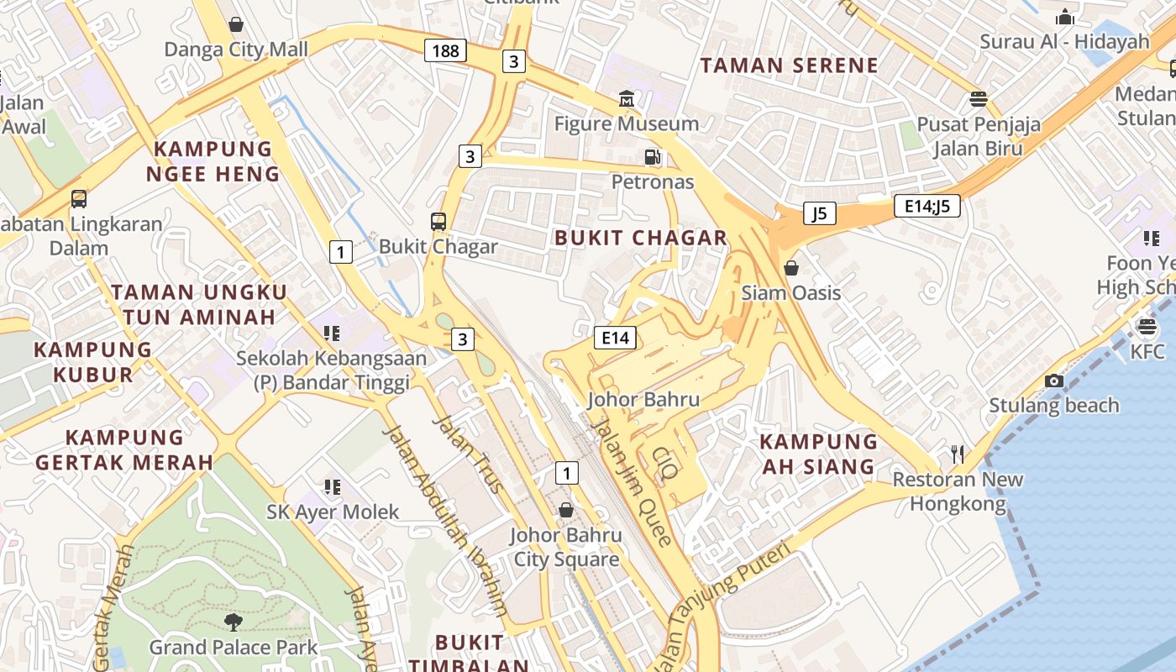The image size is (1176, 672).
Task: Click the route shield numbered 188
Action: [x=445, y=50]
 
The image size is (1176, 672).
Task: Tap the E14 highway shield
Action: [x=615, y=338]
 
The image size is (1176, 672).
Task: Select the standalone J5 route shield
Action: [x=819, y=213]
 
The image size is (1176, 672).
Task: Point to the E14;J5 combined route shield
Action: [x=927, y=206]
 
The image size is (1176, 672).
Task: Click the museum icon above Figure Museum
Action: [x=626, y=99]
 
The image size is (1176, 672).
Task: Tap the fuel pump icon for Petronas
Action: [x=652, y=156]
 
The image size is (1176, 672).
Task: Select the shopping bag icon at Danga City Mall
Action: [x=236, y=24]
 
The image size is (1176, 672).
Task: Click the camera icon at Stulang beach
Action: [x=1053, y=381]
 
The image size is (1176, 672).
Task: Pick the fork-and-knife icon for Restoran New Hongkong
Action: [x=957, y=454]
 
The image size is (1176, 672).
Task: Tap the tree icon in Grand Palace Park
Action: [x=233, y=622]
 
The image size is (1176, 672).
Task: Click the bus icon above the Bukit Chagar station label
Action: [x=438, y=222]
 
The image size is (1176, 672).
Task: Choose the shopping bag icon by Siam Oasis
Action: [x=790, y=268]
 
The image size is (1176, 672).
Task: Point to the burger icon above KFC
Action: [x=1147, y=327]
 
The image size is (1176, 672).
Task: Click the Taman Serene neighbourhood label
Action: [x=789, y=66]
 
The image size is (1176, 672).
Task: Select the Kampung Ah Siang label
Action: [x=818, y=454]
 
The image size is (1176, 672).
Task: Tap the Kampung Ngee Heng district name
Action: [x=213, y=161]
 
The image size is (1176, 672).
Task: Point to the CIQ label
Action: [x=664, y=463]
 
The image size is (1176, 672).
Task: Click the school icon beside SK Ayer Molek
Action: [x=333, y=486]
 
